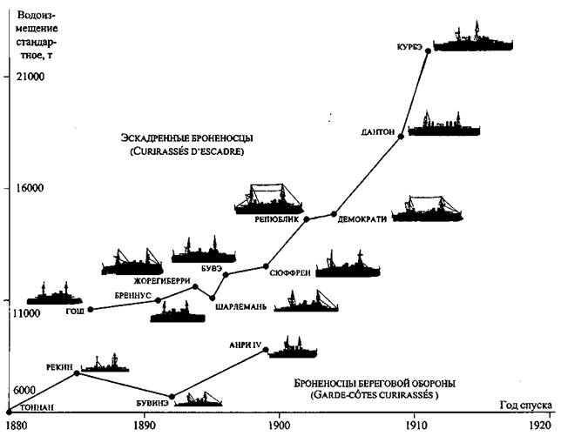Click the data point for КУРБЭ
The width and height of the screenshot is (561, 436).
point(428,50)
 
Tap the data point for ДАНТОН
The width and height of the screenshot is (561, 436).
point(401,137)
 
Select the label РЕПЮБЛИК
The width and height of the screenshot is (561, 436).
point(277,220)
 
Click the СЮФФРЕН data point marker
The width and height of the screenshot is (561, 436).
point(267,266)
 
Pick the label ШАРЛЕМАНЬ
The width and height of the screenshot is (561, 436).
point(240,305)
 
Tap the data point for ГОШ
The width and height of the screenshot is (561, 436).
point(91,309)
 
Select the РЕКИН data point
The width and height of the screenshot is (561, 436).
point(78,372)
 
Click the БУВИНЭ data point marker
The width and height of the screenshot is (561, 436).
point(172,397)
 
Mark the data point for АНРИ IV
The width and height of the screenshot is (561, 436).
point(266,349)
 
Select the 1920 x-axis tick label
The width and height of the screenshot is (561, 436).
point(537,426)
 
